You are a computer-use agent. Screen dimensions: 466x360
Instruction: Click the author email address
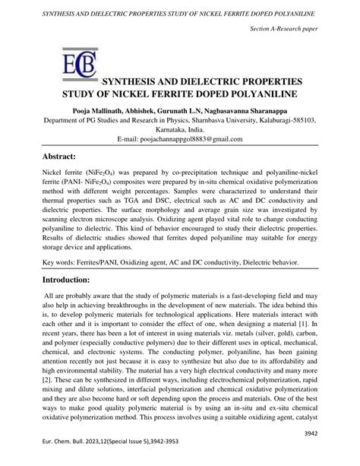click(x=180, y=141)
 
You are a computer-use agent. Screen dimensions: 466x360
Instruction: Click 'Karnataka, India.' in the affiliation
click(x=180, y=131)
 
